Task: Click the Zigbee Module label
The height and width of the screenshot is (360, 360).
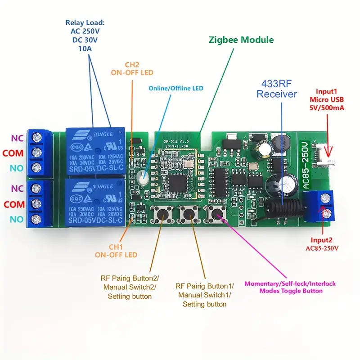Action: [x=241, y=40]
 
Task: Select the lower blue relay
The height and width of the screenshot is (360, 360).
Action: [x=95, y=202]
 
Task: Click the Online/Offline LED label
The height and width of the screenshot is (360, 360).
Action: [x=176, y=88]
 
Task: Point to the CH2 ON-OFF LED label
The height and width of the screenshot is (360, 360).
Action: [x=132, y=68]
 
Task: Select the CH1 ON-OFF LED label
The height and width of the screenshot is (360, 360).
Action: [x=116, y=251]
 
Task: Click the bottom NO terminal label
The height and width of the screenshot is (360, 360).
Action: [x=17, y=220]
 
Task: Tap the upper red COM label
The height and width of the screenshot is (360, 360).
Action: [x=13, y=153]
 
